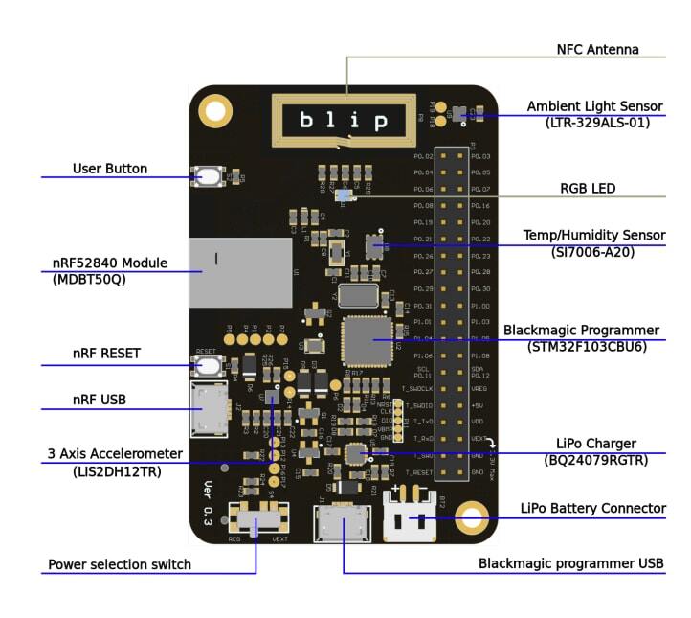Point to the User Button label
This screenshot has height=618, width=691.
110,169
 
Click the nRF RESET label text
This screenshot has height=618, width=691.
106,354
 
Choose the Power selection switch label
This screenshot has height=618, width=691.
120,564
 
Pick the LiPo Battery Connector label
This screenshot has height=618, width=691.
592,508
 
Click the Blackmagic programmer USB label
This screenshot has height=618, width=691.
571,563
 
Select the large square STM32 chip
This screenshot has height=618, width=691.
367,339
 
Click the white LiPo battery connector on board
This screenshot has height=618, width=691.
411,518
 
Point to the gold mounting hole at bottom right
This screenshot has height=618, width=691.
472,518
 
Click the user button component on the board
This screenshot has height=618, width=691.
208,176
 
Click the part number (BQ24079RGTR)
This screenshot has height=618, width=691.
596,461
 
